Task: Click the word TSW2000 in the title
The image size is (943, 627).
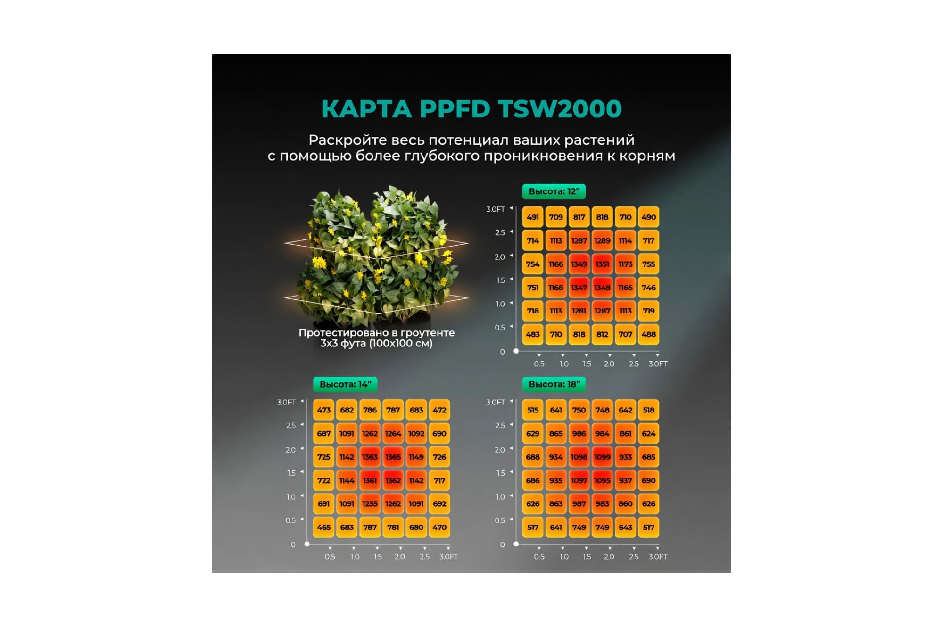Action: tap(560, 108)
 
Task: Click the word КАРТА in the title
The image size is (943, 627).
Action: tap(366, 108)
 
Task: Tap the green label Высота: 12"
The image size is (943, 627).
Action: tap(554, 191)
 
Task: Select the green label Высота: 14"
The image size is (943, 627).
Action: tap(345, 384)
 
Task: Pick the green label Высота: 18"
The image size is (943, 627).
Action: tap(554, 384)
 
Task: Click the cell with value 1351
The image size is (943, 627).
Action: tap(602, 264)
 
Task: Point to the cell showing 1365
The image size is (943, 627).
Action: tap(393, 457)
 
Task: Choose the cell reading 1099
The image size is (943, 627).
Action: tap(602, 457)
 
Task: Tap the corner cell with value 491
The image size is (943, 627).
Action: tap(533, 217)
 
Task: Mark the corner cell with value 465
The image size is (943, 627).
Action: tap(323, 527)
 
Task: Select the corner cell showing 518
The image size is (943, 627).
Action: tap(648, 410)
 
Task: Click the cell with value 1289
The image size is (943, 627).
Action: tap(602, 240)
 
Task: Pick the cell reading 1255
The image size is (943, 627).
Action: tap(370, 503)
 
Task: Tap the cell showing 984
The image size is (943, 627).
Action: tap(602, 433)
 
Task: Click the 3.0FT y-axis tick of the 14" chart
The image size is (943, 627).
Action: tap(286, 402)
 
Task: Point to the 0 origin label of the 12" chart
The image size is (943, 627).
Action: tap(502, 352)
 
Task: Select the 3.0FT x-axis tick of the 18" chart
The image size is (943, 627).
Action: tap(658, 557)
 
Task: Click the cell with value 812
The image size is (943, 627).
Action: tap(602, 334)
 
